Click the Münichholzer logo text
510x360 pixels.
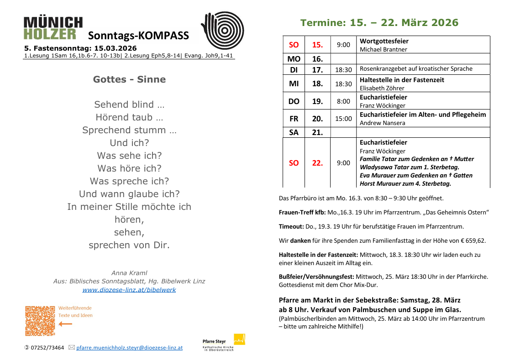(x=53, y=28)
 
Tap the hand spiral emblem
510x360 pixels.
(x=222, y=30)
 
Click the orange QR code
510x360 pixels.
(x=40, y=321)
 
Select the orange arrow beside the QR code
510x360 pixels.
(x=66, y=324)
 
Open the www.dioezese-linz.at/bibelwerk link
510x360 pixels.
(x=129, y=290)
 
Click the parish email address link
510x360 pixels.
(x=129, y=348)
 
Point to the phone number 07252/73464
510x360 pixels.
(x=47, y=348)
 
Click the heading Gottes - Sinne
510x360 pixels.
(x=129, y=79)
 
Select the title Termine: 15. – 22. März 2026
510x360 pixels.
(x=379, y=23)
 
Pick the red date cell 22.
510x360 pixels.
(x=317, y=163)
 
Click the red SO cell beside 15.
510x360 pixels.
(x=294, y=45)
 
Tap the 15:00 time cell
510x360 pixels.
(x=343, y=119)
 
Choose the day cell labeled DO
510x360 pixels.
(x=294, y=101)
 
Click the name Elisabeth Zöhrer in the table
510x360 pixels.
(x=382, y=88)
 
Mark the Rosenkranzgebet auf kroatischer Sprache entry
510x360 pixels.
(x=416, y=69)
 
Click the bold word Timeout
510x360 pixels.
(x=291, y=226)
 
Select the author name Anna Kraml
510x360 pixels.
(x=129, y=273)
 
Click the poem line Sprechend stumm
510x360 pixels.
(x=129, y=130)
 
